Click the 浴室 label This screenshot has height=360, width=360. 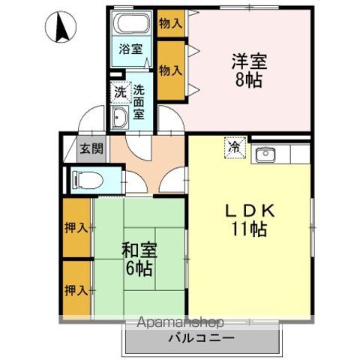132,51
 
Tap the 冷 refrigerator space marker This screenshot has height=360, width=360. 234,148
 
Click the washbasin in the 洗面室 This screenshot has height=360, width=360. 120,117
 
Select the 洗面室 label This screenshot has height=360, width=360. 139,103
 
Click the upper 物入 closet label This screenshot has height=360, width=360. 170,23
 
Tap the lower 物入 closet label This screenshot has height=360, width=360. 170,70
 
